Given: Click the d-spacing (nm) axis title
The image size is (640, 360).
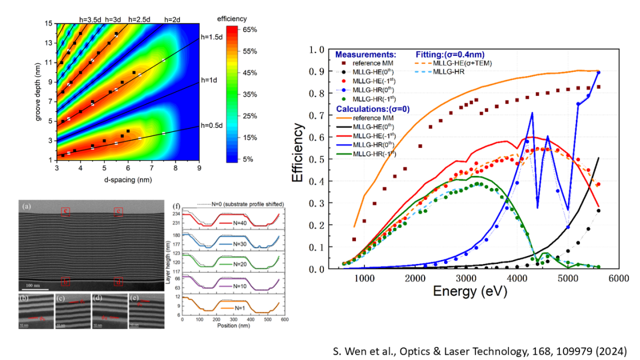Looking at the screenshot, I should (x=127, y=179).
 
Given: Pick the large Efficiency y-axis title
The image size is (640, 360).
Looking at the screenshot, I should (x=297, y=159).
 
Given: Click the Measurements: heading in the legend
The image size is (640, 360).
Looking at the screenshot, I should (x=365, y=54).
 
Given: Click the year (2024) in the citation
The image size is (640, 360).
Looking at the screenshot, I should (x=610, y=349).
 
